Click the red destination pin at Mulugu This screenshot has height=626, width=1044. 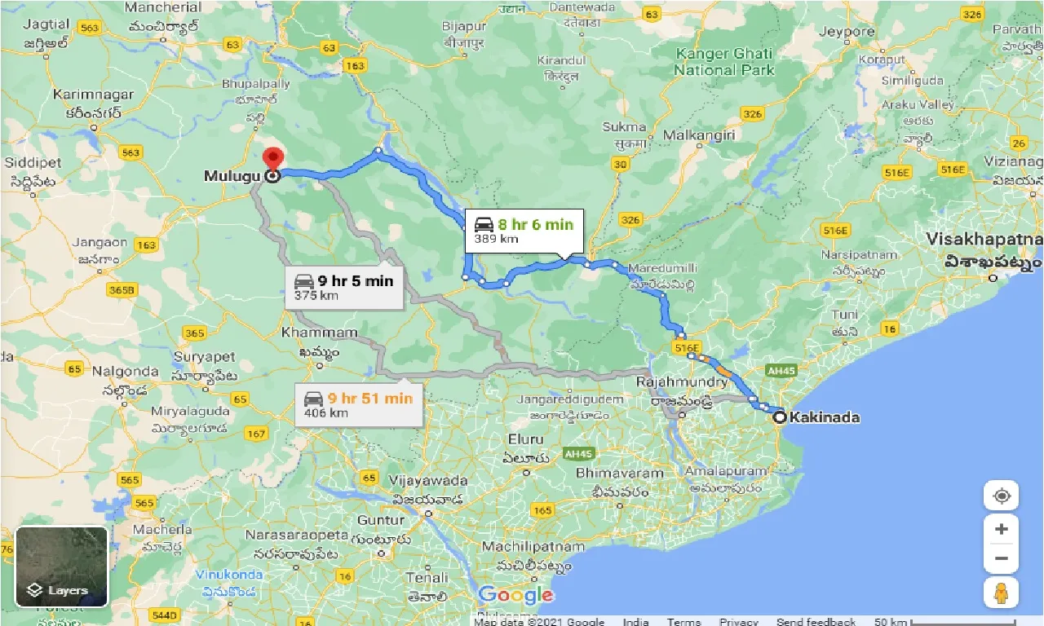(x=272, y=158)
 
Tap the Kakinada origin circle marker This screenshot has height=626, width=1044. (x=780, y=417)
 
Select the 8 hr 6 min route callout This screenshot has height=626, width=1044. (x=524, y=231)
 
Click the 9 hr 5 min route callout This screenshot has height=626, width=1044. (x=343, y=287)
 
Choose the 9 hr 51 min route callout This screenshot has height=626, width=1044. (x=359, y=404)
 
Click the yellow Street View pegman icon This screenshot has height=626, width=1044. (x=1002, y=593)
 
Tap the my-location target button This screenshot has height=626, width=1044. (x=1002, y=496)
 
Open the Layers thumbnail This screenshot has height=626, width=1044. (x=62, y=566)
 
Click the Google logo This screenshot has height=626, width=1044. (x=515, y=595)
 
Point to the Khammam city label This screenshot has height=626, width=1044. (x=319, y=333)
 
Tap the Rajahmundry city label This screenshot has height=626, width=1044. (x=682, y=381)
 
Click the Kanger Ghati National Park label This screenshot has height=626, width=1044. (x=723, y=62)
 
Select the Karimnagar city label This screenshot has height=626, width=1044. (x=92, y=95)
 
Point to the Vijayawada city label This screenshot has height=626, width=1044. (x=429, y=480)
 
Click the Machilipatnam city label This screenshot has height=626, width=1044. (x=533, y=546)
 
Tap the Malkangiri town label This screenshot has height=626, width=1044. (x=700, y=134)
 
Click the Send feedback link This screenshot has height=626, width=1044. (x=816, y=622)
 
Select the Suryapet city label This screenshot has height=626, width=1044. (x=204, y=357)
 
